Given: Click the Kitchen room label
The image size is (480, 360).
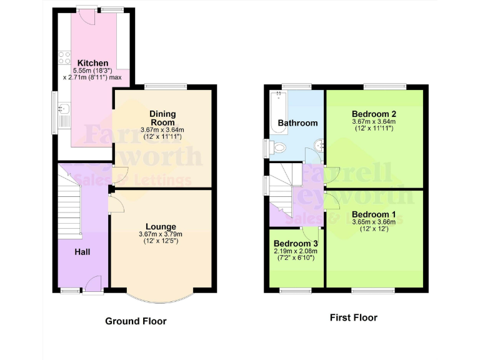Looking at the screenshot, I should point(92,63).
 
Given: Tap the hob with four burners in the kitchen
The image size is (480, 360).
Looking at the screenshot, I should point(64,57).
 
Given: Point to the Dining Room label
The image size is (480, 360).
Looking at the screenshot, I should point(162,118).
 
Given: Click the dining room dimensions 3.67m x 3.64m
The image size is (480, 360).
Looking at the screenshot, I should point(162,129).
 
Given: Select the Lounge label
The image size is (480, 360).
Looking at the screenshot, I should point(161,226).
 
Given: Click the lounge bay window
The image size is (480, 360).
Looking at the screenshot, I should point(161,294).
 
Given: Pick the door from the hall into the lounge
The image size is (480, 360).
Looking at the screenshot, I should point(116,204).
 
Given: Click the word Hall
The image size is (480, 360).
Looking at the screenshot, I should point(82,252).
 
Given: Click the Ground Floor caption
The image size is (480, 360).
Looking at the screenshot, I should point(136,321).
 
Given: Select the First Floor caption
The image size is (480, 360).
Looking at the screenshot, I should point(353,317).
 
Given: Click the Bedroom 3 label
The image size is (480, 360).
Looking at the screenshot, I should point(296,243).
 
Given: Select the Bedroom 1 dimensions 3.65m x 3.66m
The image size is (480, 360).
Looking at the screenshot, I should point(374,222).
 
